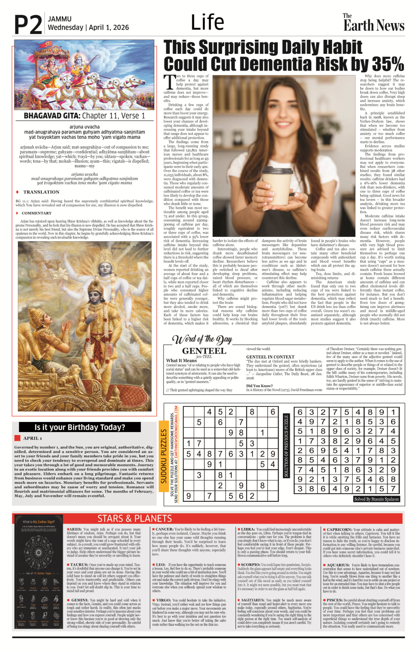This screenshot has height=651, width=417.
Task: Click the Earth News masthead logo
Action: tap(374, 23)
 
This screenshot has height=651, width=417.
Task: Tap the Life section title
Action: tap(207, 22)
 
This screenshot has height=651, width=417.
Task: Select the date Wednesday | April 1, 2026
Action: tap(88, 27)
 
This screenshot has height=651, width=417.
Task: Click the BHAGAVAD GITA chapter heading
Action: tap(84, 116)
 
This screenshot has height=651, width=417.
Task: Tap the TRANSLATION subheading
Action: tap(41, 192)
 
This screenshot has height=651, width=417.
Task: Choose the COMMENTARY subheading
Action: tap(36, 213)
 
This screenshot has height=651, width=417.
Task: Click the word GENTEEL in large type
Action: tap(204, 351)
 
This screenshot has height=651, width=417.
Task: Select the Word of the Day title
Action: tap(202, 339)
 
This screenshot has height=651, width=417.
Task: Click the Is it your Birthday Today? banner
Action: tap(80, 427)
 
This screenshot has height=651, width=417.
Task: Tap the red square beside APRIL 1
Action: tap(17, 438)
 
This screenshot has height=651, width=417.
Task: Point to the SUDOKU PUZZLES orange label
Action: tap(163, 456)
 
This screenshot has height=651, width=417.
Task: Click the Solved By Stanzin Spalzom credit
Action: tap(376, 499)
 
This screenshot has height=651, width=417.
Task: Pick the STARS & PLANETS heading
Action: tap(134, 518)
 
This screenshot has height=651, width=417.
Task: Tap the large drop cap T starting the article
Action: tap(169, 82)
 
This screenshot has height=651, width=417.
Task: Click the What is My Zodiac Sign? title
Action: tap(39, 522)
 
